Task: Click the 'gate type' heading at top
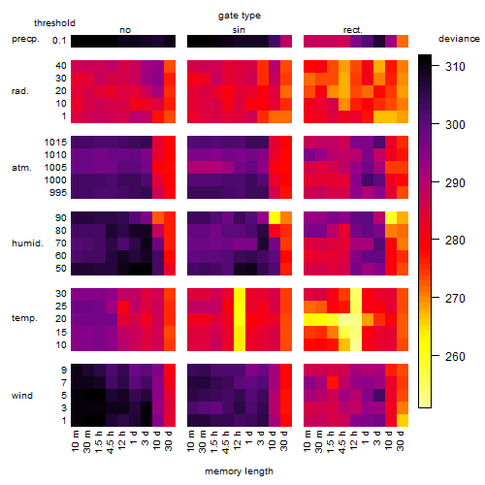(240, 16)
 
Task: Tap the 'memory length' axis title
(239, 471)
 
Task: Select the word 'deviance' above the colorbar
(459, 39)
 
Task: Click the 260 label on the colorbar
(455, 356)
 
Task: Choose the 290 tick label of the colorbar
(455, 183)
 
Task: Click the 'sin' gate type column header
(239, 30)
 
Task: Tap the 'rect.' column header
(352, 30)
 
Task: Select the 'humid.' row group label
(27, 243)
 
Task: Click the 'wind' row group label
(22, 396)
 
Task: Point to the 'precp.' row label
(25, 40)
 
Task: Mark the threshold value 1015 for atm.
(55, 143)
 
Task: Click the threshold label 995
(58, 193)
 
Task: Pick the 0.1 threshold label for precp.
(59, 41)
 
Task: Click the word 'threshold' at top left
(54, 23)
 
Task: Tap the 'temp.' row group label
(24, 318)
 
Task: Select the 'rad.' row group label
(20, 91)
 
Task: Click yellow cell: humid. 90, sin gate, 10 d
(275, 218)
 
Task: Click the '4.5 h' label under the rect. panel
(341, 442)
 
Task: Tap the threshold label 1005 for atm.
(55, 168)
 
